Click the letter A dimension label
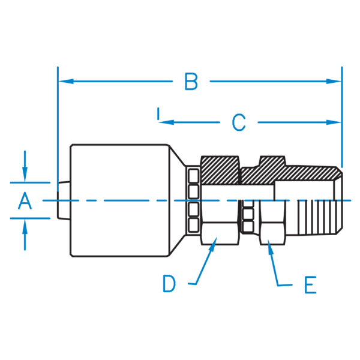(x=24, y=200)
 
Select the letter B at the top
(x=191, y=81)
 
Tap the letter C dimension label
(x=239, y=122)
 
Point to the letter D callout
(x=169, y=283)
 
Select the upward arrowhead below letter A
(x=24, y=226)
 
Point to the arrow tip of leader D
(x=214, y=242)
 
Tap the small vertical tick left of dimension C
(x=157, y=113)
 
